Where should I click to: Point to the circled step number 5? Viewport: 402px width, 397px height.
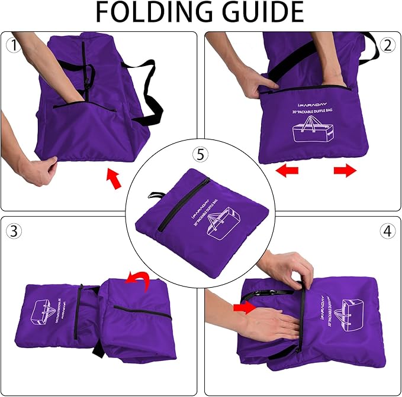click(x=201, y=155)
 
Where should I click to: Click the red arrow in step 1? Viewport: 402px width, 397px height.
click(x=113, y=178)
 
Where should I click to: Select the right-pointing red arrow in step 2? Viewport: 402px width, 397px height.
click(x=345, y=171)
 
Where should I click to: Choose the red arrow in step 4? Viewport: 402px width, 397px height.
click(x=243, y=307)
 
